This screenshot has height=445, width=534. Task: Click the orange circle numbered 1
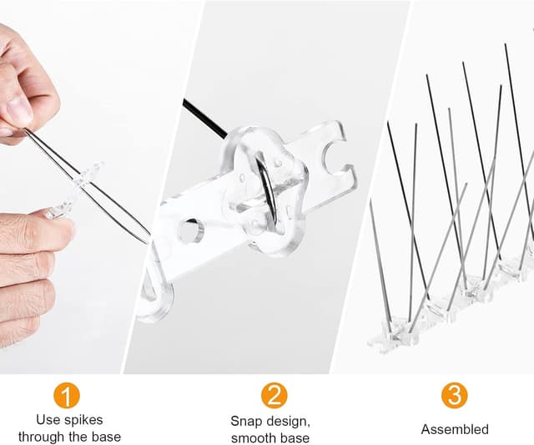67,395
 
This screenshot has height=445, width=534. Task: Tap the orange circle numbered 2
275,395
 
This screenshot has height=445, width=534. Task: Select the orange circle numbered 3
454,395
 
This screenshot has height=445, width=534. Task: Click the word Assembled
455,429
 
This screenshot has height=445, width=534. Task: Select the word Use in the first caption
47,420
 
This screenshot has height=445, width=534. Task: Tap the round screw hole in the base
191,231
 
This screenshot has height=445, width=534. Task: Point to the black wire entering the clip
205,119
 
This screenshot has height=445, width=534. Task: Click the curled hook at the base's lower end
157,300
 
